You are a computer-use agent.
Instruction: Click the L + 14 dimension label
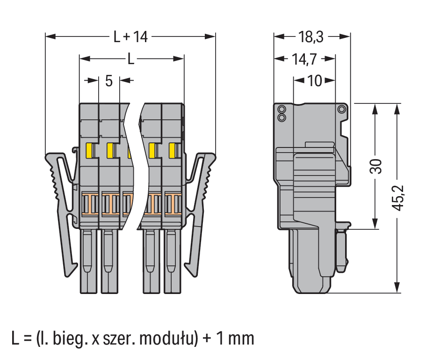tap(130, 37)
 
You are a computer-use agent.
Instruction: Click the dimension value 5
tap(108, 81)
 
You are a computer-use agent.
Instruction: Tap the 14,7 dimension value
tap(304, 59)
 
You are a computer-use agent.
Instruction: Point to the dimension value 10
tap(315, 81)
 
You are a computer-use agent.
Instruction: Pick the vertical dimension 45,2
tap(398, 197)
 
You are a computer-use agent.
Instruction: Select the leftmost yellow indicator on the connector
tap(90, 150)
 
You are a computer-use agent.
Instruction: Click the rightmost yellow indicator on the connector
tap(172, 150)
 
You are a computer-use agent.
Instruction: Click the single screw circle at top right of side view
tap(342, 109)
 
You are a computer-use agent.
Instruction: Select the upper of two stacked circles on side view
tap(282, 110)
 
